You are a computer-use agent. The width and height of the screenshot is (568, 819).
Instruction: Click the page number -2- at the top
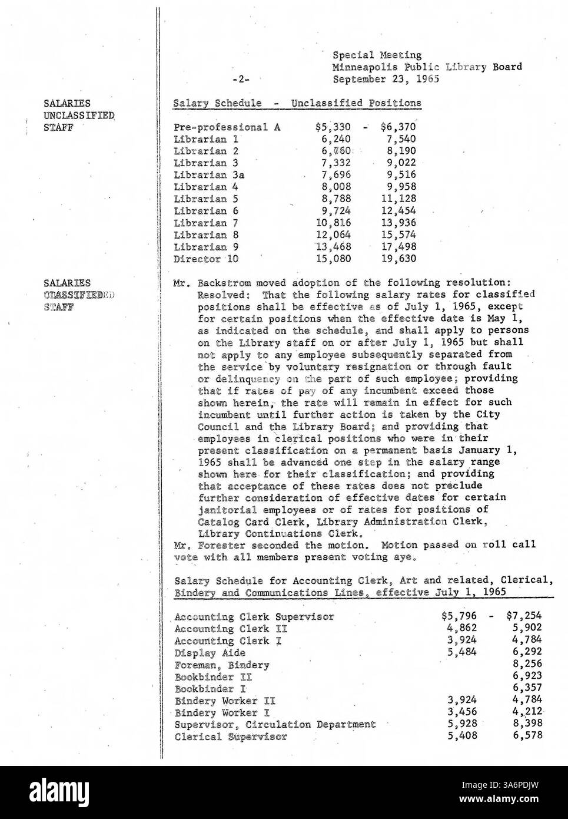[241, 78]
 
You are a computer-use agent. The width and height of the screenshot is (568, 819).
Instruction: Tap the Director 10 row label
[207, 259]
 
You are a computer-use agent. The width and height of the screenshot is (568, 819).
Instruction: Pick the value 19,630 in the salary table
[400, 259]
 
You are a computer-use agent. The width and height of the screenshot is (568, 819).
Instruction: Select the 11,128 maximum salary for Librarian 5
[399, 199]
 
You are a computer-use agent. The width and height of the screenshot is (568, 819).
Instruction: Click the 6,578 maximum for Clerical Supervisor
[527, 736]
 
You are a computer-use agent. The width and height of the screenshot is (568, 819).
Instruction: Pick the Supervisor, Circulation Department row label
[275, 724]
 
